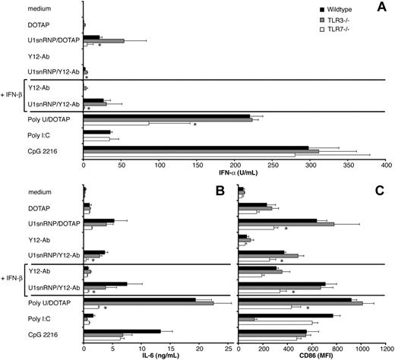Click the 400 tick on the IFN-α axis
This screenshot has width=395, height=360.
(x=386, y=163)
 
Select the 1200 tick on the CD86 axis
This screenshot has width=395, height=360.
(x=386, y=342)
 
